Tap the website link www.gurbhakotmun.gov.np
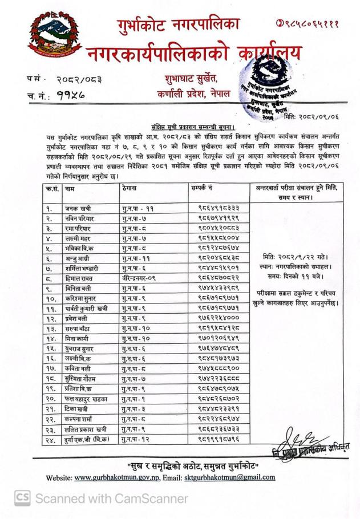[x=120, y=477]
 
